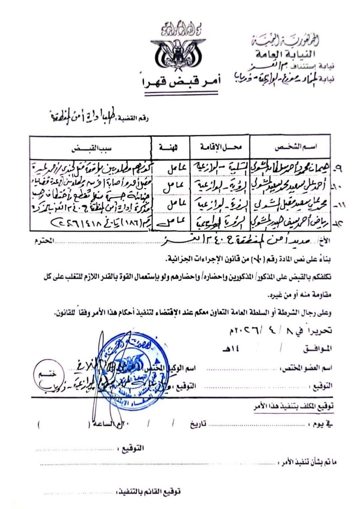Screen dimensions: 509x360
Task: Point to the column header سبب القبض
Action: pyautogui.click(x=91, y=148)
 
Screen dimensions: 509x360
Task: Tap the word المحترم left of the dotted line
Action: pyautogui.click(x=44, y=241)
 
